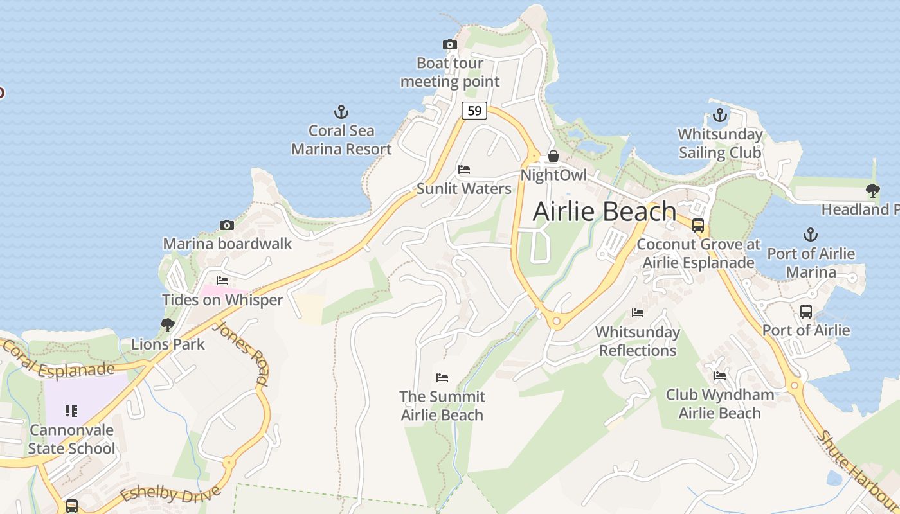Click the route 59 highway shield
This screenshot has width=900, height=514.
tap(474, 111)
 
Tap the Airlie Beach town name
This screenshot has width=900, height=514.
tap(604, 211)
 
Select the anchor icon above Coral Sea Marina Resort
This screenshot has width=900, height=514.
tap(341, 112)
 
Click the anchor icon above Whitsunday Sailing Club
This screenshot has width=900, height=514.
tap(720, 116)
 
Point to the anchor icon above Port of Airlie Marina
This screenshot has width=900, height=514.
tap(811, 235)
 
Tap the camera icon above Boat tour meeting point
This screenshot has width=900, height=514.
tap(450, 44)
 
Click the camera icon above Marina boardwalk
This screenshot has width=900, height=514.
tap(226, 225)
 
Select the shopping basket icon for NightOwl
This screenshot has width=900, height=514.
tap(553, 157)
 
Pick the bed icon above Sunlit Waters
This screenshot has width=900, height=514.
tap(464, 170)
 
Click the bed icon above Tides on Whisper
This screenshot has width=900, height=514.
tap(222, 281)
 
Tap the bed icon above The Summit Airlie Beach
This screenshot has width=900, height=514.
tap(442, 377)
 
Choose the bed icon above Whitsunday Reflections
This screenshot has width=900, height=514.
tap(638, 313)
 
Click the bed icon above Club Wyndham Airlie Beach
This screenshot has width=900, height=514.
tap(720, 375)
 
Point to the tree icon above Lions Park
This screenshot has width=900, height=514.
tap(168, 325)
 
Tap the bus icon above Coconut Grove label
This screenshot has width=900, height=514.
tap(698, 226)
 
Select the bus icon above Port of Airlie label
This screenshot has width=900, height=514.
tap(806, 312)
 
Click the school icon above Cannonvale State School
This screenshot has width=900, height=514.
tap(71, 411)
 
